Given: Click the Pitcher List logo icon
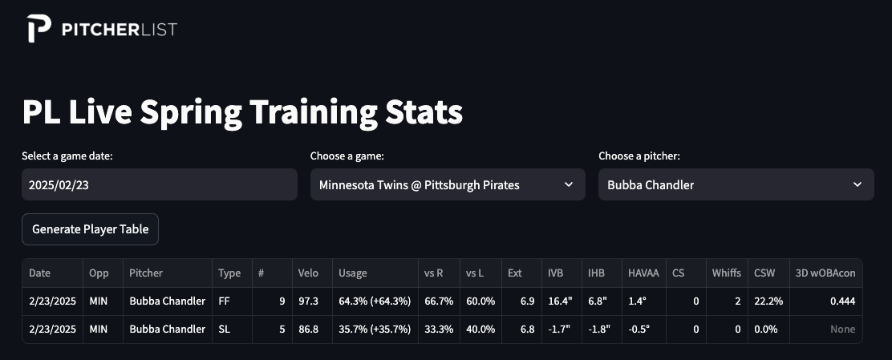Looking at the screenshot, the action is point(39,28).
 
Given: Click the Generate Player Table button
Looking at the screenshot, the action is point(90,229).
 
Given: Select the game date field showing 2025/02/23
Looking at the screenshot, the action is point(160,184).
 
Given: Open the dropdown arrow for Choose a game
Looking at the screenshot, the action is point(568,184).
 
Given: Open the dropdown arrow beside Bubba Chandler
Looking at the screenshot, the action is point(858,184).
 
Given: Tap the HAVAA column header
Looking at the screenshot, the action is point(643,273).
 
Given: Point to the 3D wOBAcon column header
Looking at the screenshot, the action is point(825,273).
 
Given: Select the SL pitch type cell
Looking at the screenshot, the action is point(224,329).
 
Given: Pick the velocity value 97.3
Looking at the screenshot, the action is point(308,301).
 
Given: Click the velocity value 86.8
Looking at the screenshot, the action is point(308,329).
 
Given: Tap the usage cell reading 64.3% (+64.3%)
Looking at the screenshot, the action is point(375,301).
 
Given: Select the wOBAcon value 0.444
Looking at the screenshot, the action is point(842,301).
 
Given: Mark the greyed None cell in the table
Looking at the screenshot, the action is point(842,329).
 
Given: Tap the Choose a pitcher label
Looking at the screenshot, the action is point(639,156).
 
